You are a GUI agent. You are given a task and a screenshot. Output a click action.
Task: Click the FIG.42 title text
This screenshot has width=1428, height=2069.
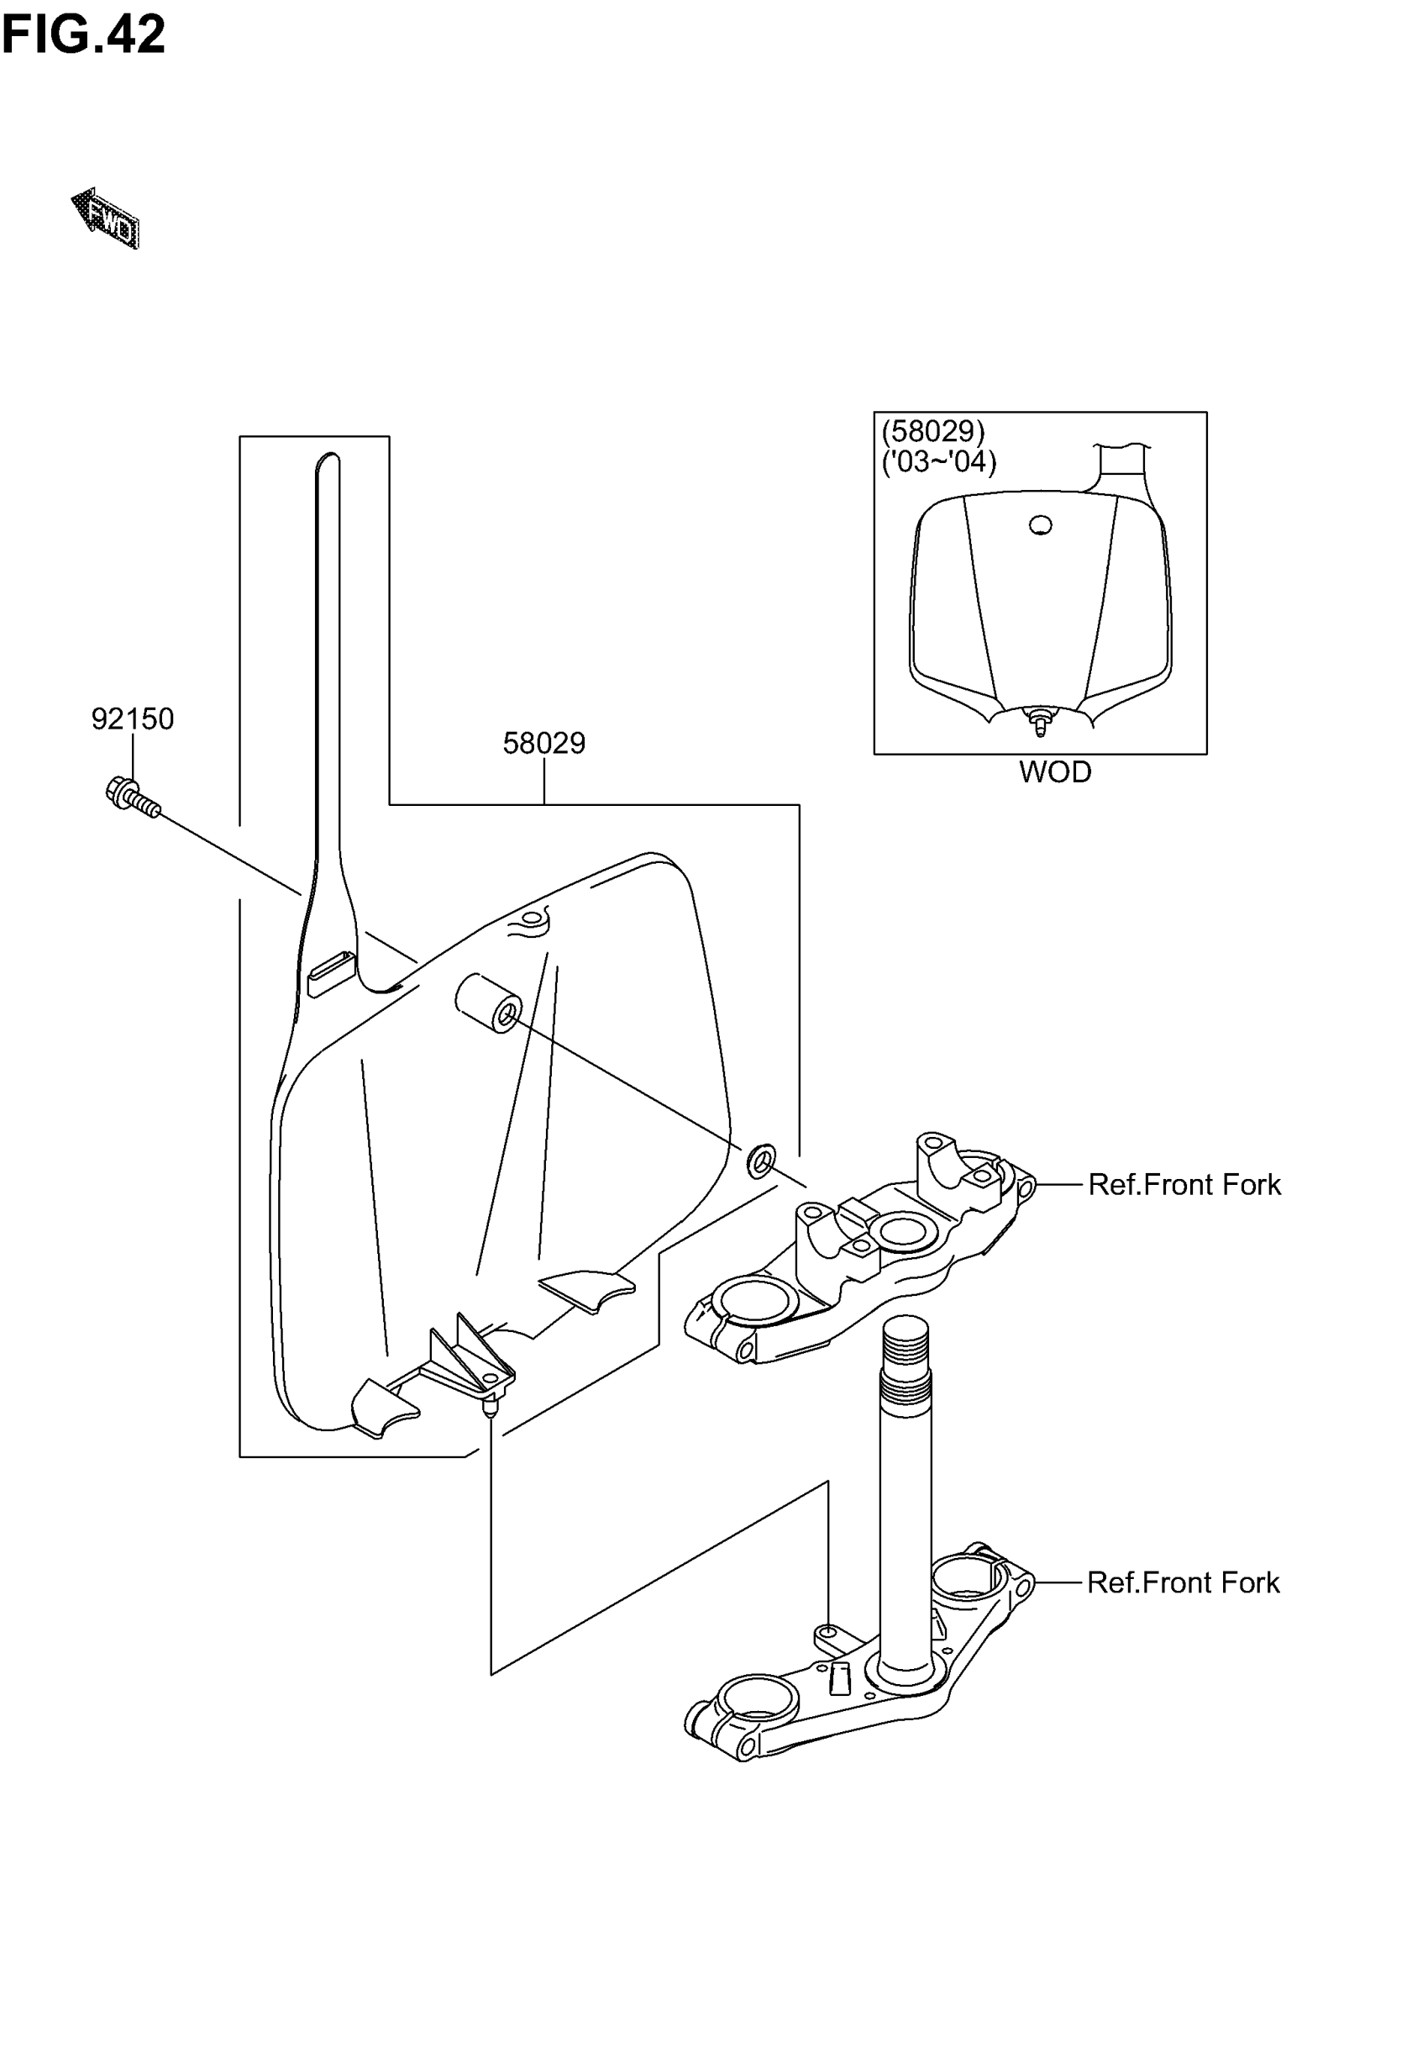click(x=83, y=35)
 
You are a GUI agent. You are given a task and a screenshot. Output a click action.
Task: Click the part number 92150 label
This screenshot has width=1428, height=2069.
click(x=133, y=719)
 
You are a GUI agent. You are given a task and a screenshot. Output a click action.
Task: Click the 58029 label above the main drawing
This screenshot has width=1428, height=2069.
click(x=544, y=744)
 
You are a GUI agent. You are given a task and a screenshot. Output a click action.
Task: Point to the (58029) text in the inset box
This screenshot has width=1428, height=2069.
click(x=933, y=432)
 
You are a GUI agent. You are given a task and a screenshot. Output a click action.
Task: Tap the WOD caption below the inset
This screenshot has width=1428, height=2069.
click(x=1055, y=772)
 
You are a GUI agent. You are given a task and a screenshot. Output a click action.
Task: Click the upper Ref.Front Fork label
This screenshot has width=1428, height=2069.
click(x=1184, y=1185)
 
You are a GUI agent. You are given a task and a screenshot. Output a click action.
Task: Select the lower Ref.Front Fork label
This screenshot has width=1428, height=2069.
click(x=1183, y=1583)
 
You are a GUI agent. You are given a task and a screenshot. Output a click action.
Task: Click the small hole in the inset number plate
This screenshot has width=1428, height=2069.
click(x=1040, y=525)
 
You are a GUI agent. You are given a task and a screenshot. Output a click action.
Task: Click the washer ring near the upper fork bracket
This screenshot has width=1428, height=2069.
click(x=761, y=1161)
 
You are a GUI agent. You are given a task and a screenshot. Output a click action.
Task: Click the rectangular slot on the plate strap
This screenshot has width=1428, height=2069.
click(x=331, y=973)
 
